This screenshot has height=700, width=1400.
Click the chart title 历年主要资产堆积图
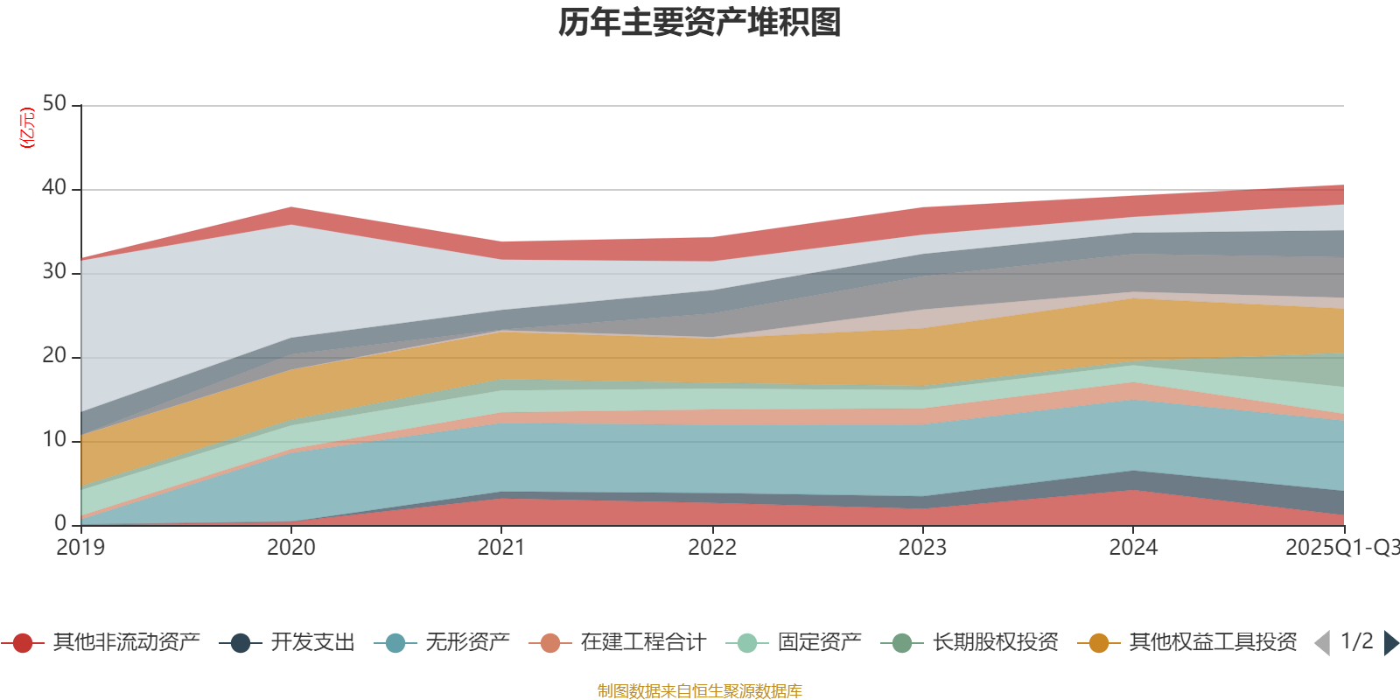(x=700, y=23)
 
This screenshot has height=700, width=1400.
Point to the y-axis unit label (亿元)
(x=27, y=128)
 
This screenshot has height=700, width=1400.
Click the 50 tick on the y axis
(x=54, y=104)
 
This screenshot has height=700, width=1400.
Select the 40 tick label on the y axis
(x=54, y=188)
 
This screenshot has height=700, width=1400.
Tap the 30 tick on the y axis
(x=54, y=272)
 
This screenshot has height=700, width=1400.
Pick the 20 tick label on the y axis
(x=54, y=356)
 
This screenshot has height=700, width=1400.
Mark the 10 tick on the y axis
(x=54, y=440)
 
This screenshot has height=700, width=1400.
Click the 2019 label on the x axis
(x=80, y=548)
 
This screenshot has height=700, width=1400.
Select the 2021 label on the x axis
(x=501, y=548)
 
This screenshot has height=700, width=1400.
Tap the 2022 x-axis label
(x=712, y=548)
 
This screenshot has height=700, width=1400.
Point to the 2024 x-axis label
(x=1133, y=548)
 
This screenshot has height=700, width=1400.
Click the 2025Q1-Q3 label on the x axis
(x=1340, y=548)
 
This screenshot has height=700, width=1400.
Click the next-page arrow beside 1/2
(x=1390, y=643)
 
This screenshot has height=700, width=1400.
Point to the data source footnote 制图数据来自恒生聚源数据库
(x=700, y=691)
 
